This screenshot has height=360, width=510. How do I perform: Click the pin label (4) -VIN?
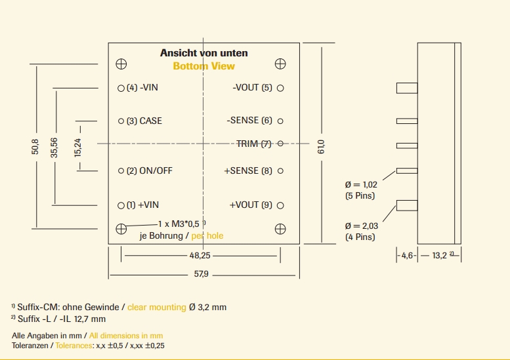(x=142, y=88)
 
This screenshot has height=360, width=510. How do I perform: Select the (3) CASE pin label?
(x=144, y=121)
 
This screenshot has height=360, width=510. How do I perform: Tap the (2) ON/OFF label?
(x=150, y=171)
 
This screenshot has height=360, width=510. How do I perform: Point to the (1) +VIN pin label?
(x=142, y=205)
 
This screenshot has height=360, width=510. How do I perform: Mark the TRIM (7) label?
(x=254, y=144)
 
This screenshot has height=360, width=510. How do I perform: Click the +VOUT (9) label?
(x=251, y=205)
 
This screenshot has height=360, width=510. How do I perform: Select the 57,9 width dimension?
(x=202, y=274)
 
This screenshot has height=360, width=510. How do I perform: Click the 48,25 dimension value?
(x=200, y=254)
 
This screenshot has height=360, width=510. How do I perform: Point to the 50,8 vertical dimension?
(x=35, y=146)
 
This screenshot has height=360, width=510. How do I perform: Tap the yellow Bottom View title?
(x=203, y=66)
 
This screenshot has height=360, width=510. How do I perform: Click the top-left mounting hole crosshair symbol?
(x=121, y=64)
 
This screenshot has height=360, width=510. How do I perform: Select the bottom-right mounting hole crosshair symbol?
(x=280, y=228)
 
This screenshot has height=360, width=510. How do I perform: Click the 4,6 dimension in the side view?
(x=408, y=256)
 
